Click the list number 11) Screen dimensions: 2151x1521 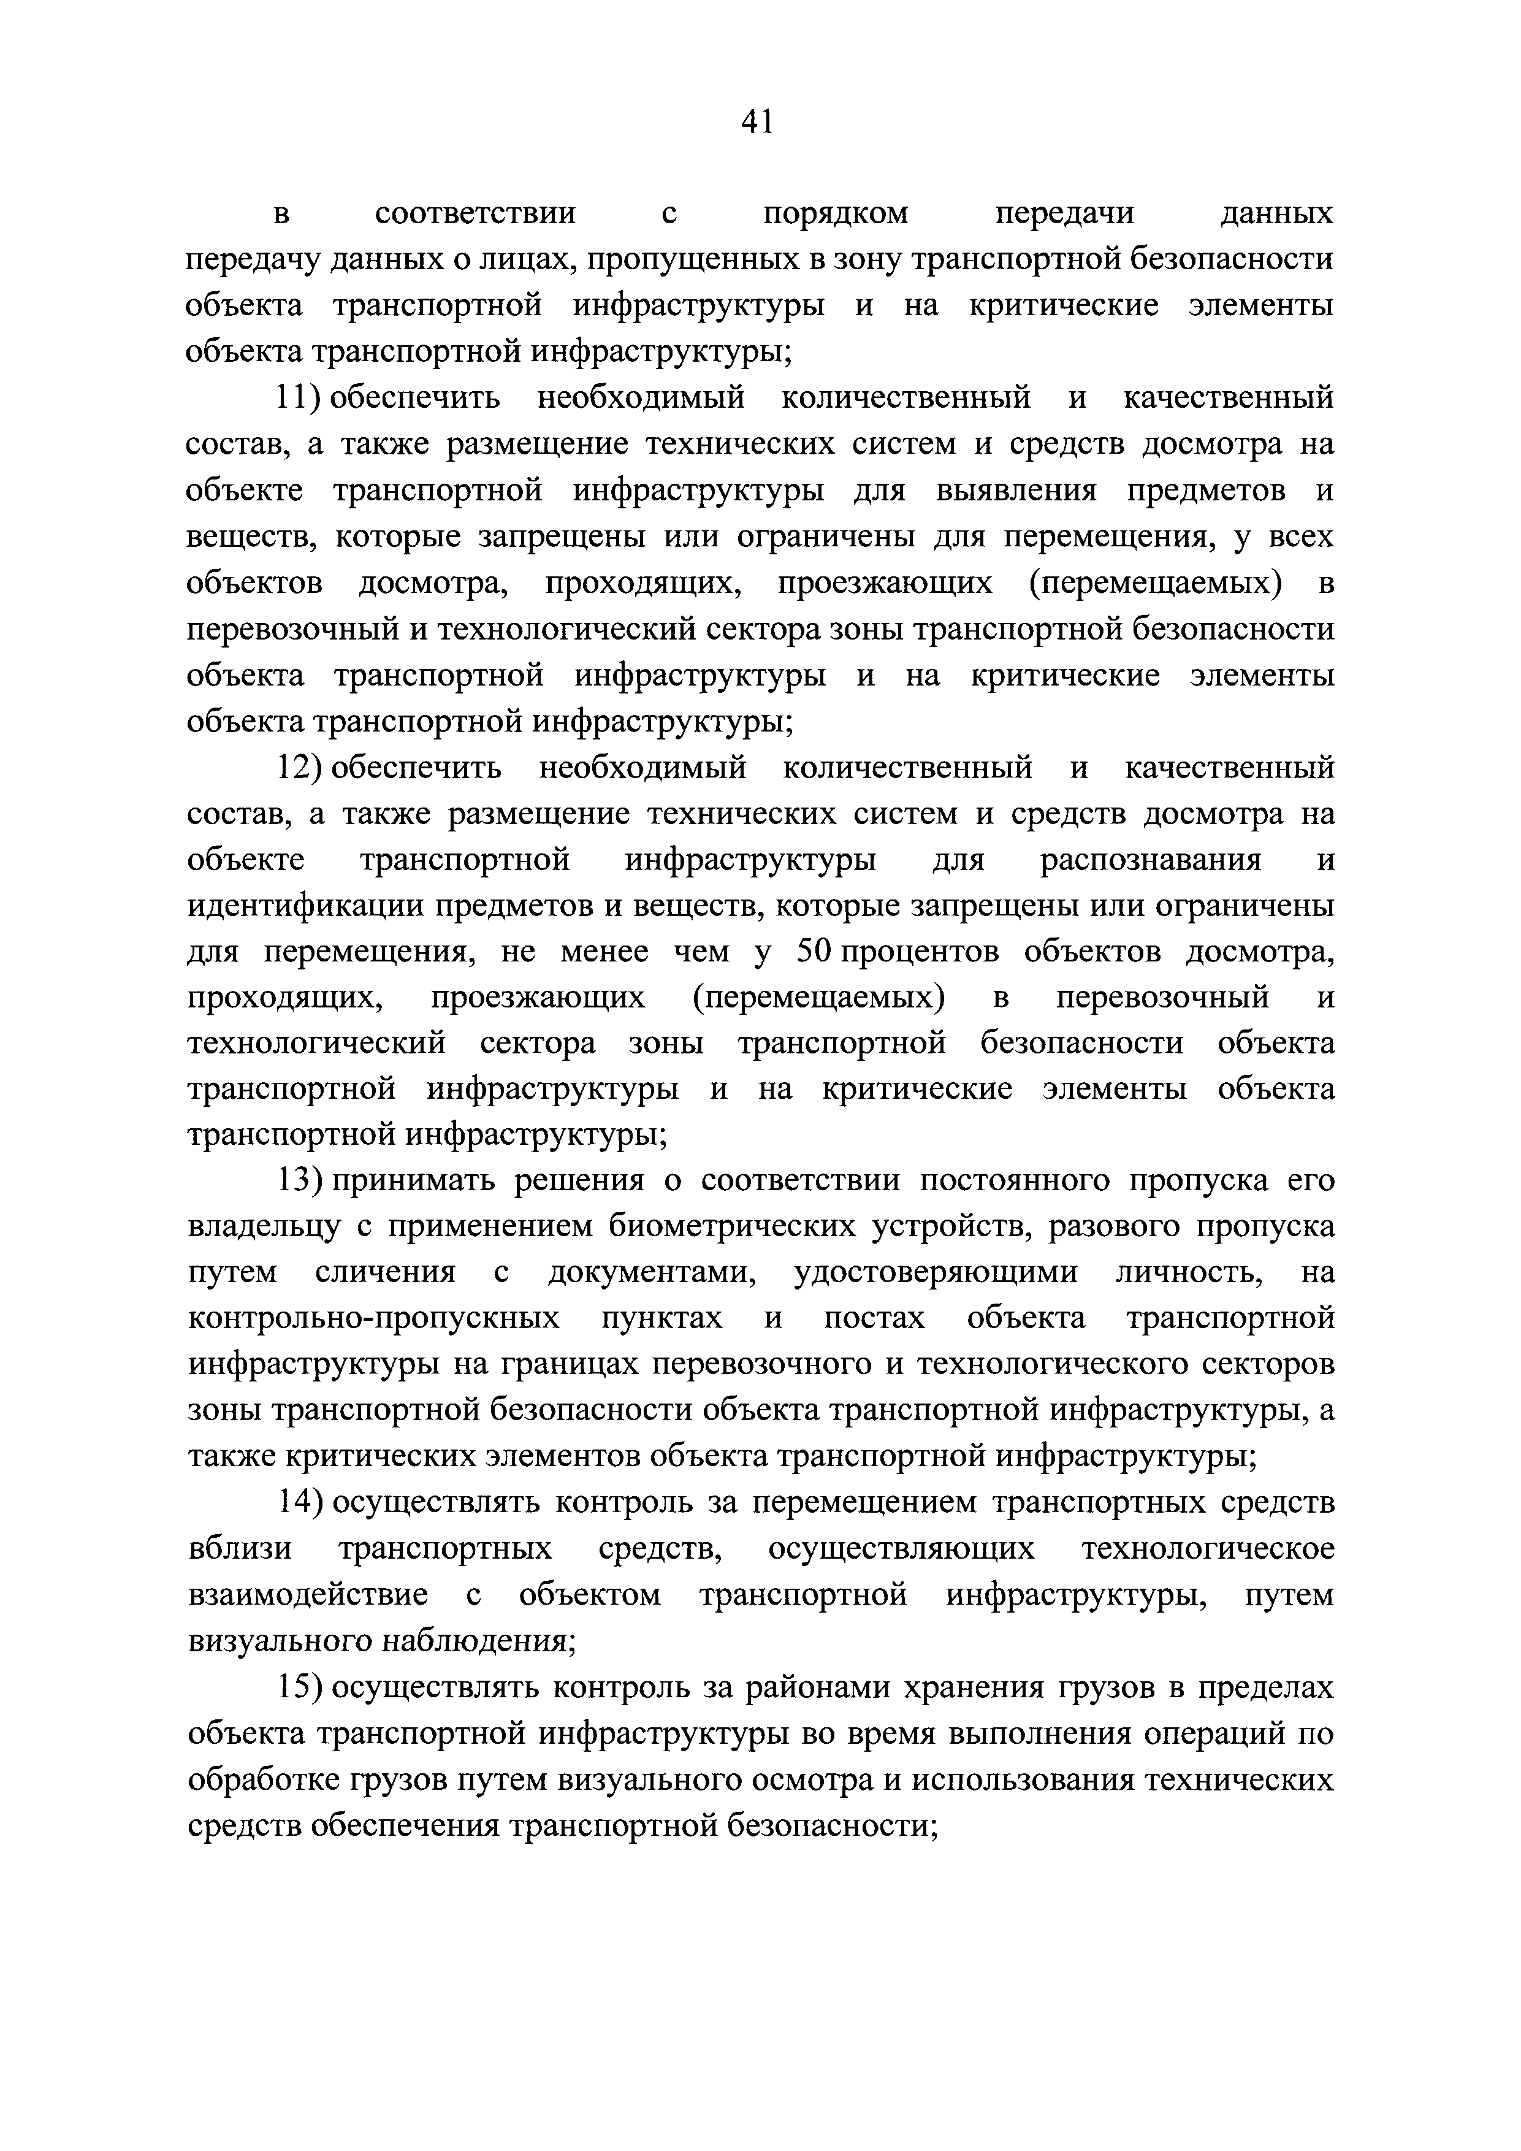[x=298, y=398]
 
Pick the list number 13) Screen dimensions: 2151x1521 [x=298, y=1182]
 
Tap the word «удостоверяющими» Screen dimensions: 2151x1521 [x=936, y=1273]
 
